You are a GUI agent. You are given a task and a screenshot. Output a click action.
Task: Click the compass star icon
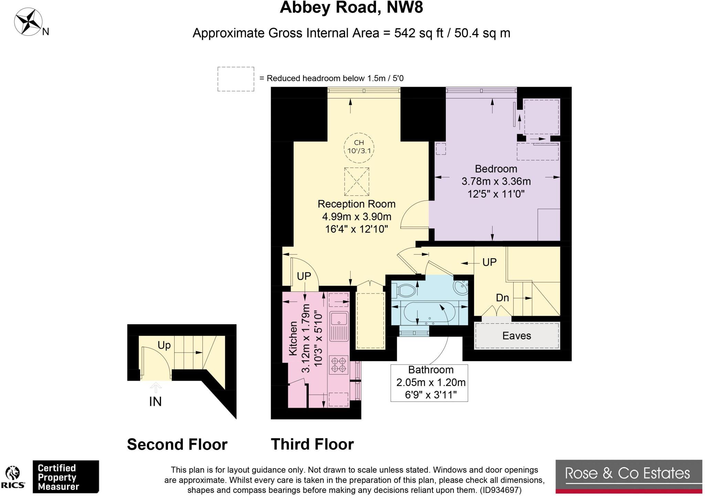[x=28, y=22]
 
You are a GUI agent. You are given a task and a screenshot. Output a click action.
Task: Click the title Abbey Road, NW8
[x=351, y=7]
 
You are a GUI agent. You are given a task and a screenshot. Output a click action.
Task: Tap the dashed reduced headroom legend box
[x=236, y=79]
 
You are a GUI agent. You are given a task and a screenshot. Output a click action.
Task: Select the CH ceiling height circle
[x=359, y=148]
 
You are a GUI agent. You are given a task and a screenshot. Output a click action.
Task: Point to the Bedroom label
[x=496, y=169]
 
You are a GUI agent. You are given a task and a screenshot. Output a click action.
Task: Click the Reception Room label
[x=356, y=204]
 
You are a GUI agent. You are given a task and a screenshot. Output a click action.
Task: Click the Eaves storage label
[x=516, y=336]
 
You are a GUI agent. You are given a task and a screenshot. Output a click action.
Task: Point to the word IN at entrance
[x=155, y=401]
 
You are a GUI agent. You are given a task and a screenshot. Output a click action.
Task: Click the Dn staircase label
[x=502, y=298]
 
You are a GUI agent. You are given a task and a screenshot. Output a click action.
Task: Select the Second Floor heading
[x=177, y=444]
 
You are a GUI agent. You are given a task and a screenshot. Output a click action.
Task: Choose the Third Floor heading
[x=312, y=444]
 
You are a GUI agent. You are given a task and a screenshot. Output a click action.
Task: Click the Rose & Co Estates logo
[x=629, y=477]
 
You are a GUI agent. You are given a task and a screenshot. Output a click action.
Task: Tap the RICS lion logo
[x=13, y=477]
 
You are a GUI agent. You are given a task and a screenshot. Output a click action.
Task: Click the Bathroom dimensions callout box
[x=429, y=383]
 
